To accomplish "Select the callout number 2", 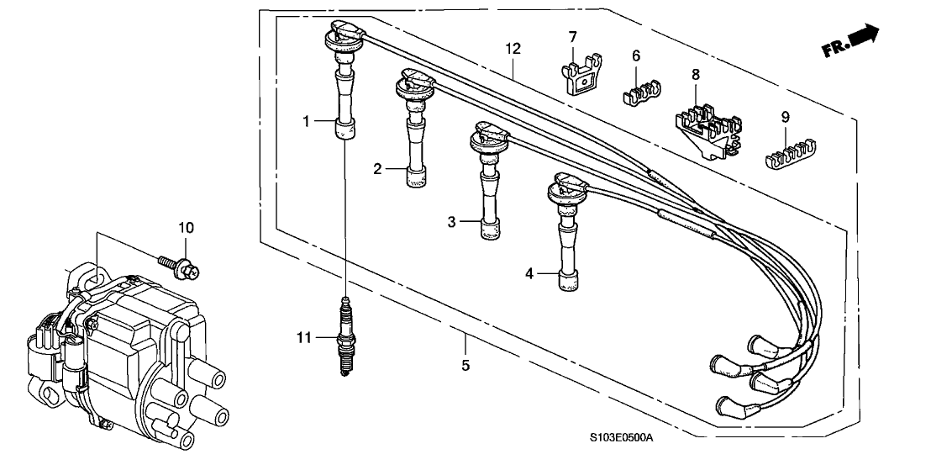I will (x=378, y=170).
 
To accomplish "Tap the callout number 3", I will (x=451, y=222).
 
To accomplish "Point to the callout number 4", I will (x=529, y=273).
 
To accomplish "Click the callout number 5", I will (x=465, y=366).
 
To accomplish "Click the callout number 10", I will (x=185, y=228).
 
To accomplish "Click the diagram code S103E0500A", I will (x=621, y=439).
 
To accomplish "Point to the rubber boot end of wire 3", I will (x=490, y=229).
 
